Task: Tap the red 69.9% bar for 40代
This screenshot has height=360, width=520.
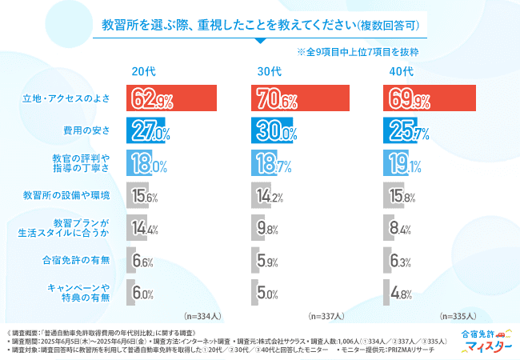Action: pos(430,99)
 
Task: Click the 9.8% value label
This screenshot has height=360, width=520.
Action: pos(267,229)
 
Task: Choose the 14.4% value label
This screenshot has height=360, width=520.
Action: pos(142,229)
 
